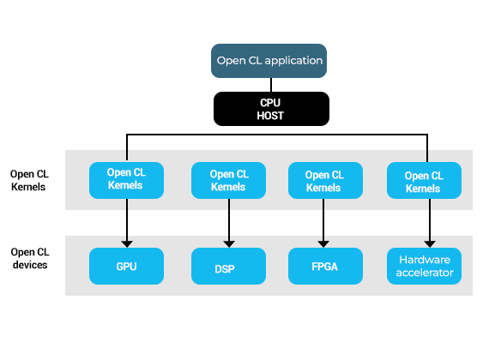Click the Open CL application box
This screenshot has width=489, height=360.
point(269,61)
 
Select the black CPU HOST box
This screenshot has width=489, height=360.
point(271,109)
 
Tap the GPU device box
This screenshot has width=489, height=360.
point(126,266)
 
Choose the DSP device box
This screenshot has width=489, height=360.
point(228,266)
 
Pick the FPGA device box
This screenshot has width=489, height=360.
point(325,266)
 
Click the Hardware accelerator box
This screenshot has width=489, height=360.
point(424,266)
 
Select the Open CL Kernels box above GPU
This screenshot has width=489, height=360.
point(126,180)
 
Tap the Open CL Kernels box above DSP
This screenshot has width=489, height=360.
point(228,180)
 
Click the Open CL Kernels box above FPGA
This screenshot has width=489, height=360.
point(325,180)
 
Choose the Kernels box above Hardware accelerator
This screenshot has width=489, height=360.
point(424,180)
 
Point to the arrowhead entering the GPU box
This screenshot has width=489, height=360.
point(127,244)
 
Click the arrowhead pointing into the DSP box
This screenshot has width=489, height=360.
point(229,244)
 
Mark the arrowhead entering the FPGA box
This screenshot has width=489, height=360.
point(323,244)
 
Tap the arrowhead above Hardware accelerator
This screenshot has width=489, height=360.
point(430,244)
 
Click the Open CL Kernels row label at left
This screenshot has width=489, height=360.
point(29,181)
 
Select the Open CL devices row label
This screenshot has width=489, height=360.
point(30,258)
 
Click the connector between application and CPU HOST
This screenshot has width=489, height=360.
point(271,85)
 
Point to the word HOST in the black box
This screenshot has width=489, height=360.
point(270,116)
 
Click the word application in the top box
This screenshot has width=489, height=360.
point(293,61)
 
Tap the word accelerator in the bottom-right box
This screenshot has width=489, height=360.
point(425,273)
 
